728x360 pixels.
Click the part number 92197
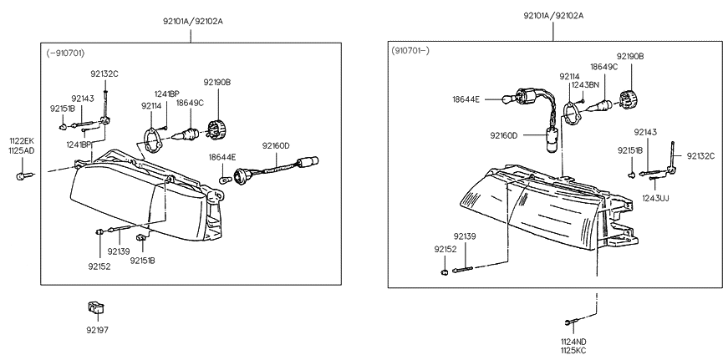coord(97,330)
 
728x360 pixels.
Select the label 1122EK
coord(22,140)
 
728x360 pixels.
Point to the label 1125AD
coord(22,150)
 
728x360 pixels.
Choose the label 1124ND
coord(573,341)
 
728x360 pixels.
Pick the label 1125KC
coord(573,350)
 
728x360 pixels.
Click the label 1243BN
coord(585,85)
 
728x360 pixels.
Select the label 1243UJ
coord(657,198)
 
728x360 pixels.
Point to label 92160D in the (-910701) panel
coord(275,145)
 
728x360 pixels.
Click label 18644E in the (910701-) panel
coord(466,99)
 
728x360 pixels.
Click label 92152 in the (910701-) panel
coord(445,249)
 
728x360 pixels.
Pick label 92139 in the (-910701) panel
coord(119,251)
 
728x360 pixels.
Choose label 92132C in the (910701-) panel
coord(700,155)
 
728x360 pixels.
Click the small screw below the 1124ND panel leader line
coord(568,322)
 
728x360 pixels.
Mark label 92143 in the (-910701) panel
coord(83,98)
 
